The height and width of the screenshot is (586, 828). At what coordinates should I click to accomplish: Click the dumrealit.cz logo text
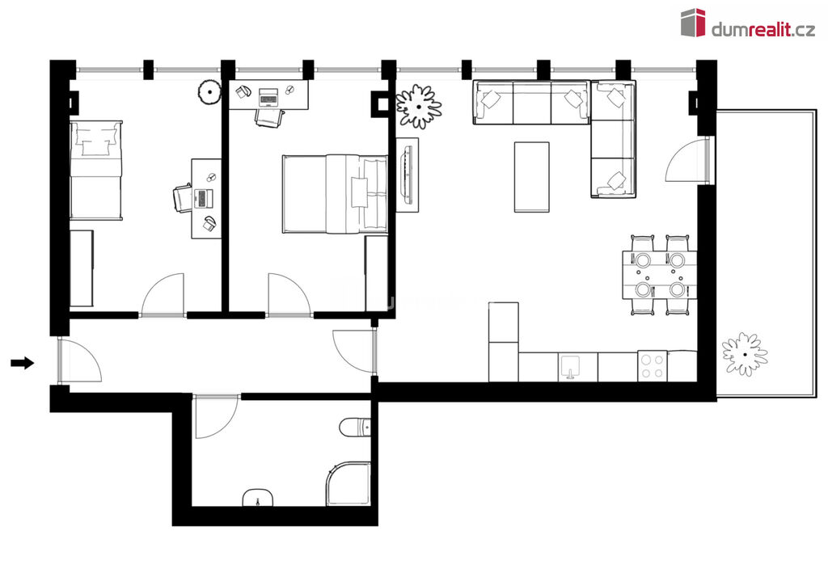763,30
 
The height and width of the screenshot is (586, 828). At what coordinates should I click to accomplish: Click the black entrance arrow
22,363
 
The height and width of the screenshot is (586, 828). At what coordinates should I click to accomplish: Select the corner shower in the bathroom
348,483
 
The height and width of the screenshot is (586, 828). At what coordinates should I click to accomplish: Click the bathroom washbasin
258,497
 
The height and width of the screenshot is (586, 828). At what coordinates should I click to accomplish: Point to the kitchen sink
570,367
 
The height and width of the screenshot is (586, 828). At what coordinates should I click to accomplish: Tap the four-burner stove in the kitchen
653,366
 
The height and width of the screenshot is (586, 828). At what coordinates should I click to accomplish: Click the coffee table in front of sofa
532,177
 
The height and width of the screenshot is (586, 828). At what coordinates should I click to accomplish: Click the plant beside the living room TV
419,106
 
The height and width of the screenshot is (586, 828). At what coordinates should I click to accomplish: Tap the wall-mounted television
408,175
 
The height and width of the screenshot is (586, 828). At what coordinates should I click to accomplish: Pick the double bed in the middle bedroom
335,194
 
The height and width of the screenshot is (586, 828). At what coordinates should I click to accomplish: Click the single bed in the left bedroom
96,170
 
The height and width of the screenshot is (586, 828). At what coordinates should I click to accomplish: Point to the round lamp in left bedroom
209,92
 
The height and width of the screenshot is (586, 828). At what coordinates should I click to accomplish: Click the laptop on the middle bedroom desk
268,97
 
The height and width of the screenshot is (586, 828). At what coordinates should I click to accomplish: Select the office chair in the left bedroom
182,198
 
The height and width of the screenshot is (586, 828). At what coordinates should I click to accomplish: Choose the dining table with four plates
660,275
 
